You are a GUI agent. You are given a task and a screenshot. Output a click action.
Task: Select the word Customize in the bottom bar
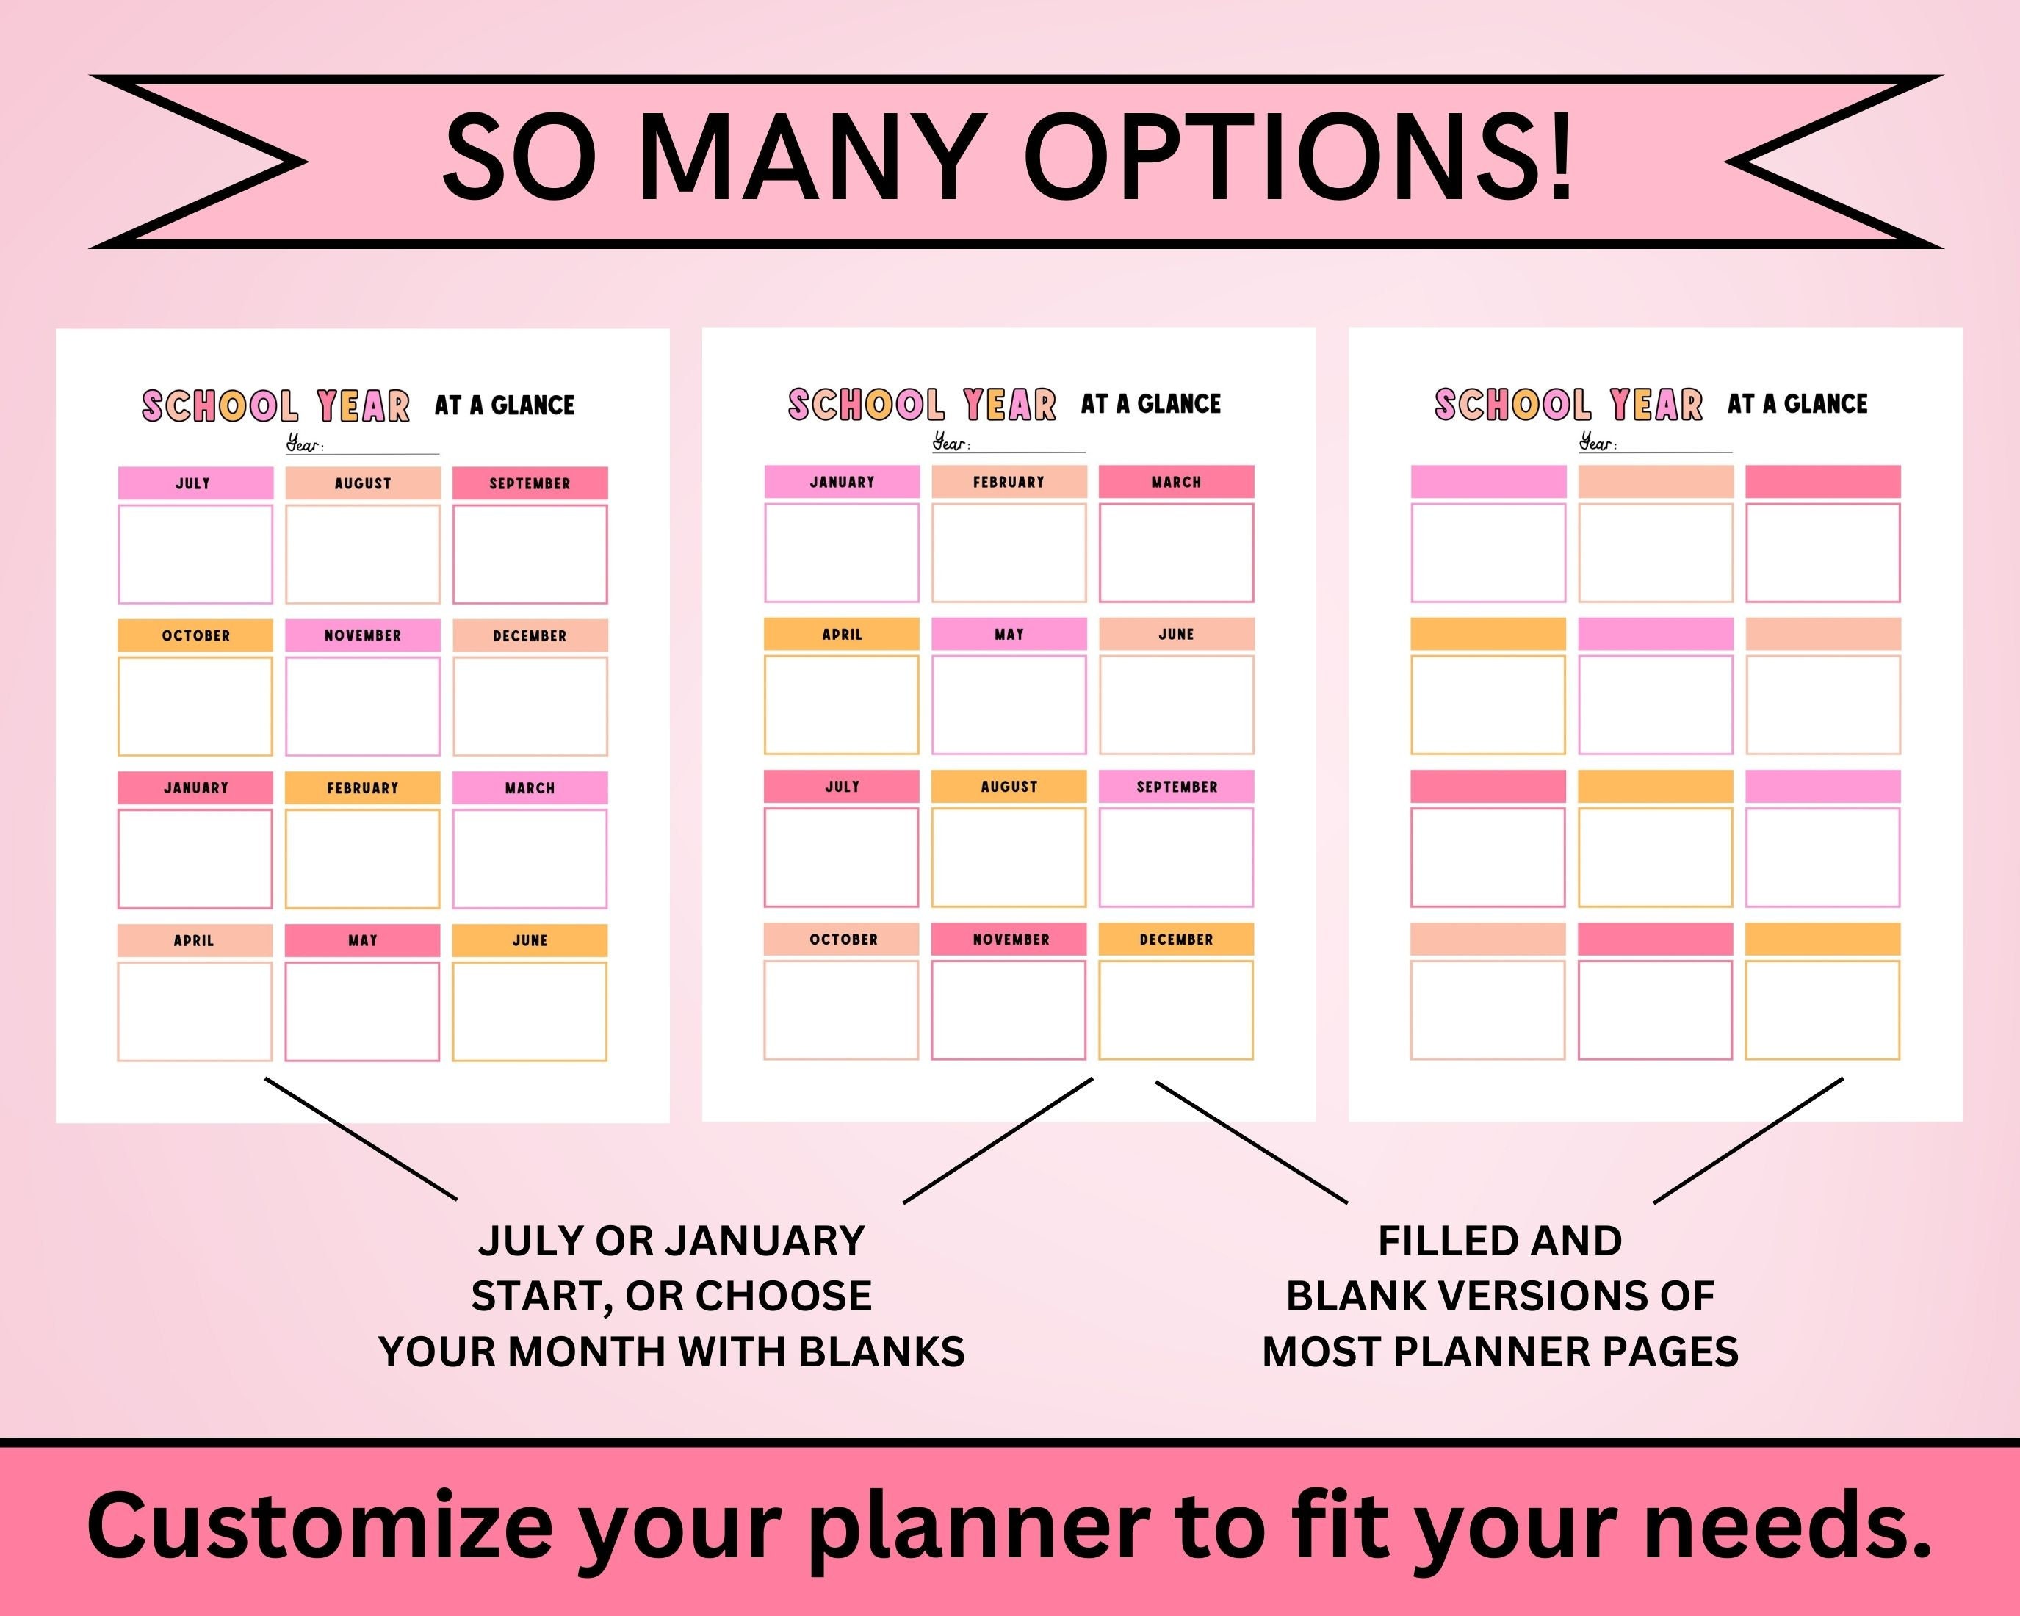320,1525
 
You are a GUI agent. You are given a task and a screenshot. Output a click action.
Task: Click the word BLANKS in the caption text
881,1352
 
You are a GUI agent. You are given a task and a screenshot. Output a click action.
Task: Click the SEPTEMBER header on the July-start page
530,483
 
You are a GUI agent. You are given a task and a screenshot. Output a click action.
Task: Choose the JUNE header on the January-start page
1176,634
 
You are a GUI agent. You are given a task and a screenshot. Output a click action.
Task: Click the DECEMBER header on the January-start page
1176,939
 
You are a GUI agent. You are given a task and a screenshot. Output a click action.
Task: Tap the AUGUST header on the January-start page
1009,787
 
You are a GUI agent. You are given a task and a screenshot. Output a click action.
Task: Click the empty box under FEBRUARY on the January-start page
1009,552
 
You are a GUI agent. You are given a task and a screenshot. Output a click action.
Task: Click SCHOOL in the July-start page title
220,405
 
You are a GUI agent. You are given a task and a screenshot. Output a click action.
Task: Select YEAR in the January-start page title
1009,405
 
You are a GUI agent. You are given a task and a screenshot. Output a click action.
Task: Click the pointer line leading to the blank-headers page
1747,1140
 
